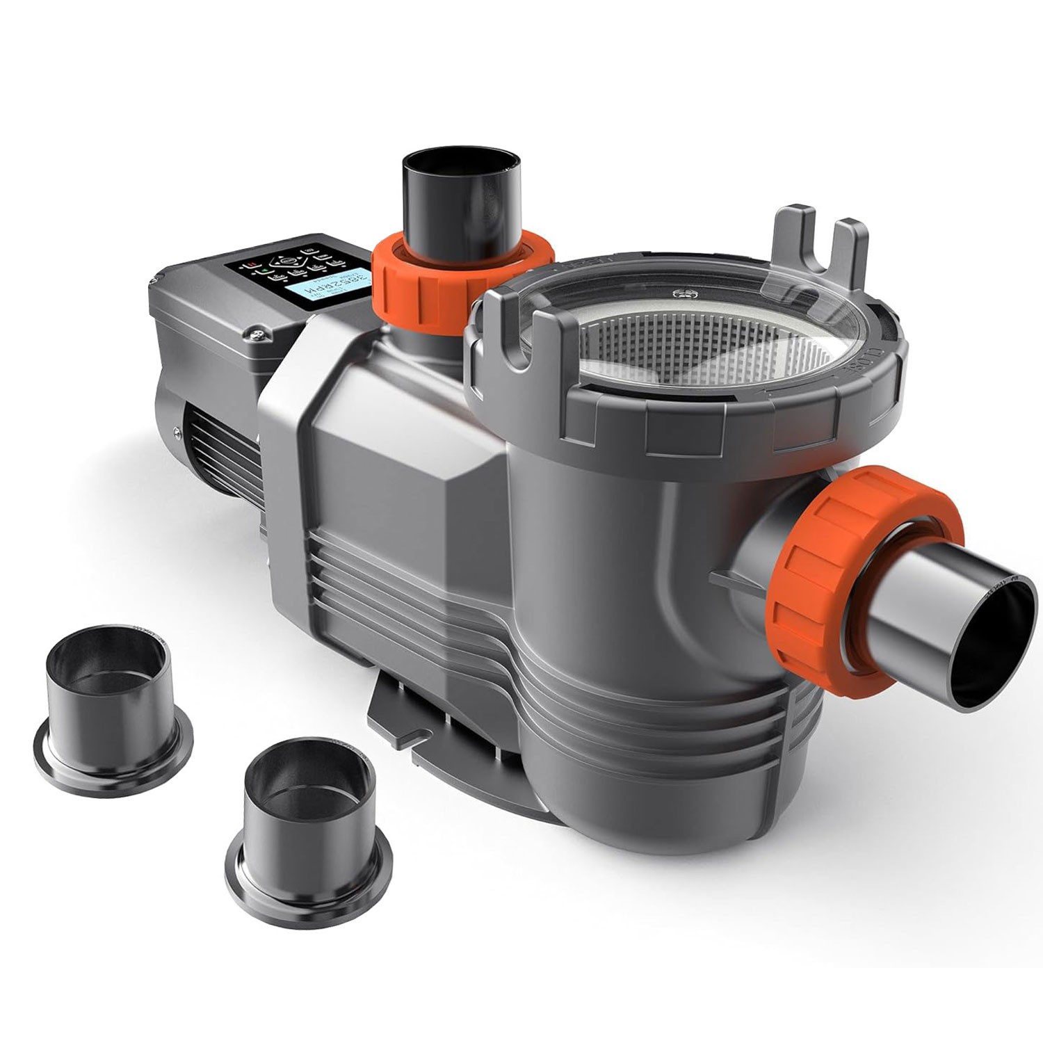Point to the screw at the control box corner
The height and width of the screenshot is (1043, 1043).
[259, 335]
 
